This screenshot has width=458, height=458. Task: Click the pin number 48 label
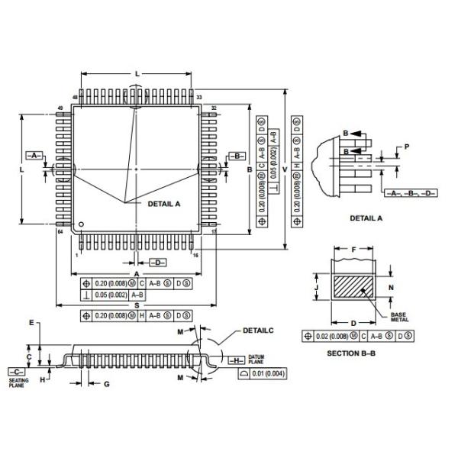[x=76, y=98]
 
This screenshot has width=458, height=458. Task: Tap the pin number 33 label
[x=199, y=98]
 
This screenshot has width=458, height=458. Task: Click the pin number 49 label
[x=60, y=108]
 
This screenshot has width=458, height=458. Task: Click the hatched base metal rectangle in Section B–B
[x=352, y=288]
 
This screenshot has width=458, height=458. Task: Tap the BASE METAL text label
[x=399, y=317]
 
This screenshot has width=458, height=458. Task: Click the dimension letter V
[x=285, y=169]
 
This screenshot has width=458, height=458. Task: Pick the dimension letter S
[x=136, y=305]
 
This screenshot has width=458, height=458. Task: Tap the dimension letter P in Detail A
[x=407, y=146]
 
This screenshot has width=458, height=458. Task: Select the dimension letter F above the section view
[x=353, y=248]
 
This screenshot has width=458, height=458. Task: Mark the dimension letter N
[x=391, y=288]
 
